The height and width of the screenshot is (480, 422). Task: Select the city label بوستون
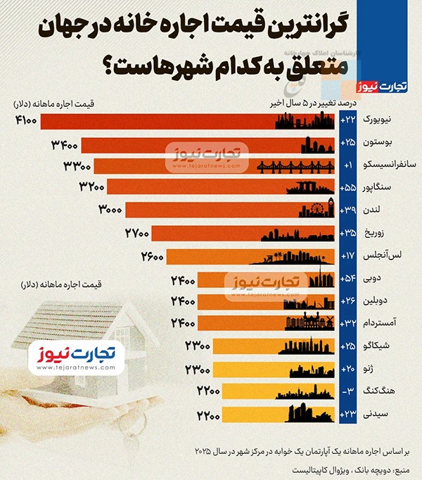[x=377, y=144]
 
